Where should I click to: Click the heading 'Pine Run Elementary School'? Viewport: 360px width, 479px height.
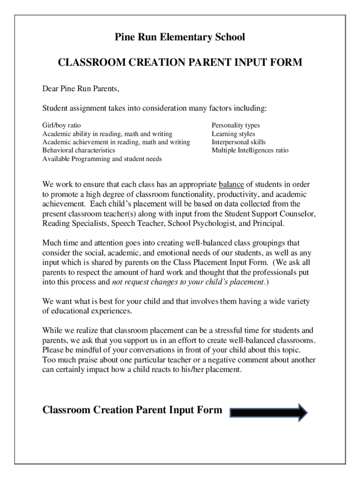point(180,37)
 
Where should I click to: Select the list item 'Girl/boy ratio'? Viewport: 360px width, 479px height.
point(61,125)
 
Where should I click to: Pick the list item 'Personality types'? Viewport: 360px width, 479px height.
point(236,125)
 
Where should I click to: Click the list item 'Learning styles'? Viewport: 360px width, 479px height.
point(233,134)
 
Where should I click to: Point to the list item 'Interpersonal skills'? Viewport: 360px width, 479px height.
point(238,142)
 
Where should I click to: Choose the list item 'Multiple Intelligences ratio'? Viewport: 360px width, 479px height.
point(250,151)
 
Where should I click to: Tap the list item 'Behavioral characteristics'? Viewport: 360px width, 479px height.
point(79,151)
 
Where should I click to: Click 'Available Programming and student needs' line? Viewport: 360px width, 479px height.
point(102,159)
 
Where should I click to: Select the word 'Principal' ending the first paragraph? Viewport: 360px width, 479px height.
point(267,224)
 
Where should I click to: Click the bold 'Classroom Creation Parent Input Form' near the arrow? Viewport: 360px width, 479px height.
point(132,410)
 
